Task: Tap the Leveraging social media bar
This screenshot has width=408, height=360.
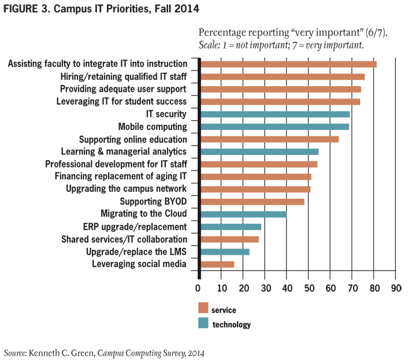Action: pos(217,264)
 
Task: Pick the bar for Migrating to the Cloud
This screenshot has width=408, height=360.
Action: pos(243,214)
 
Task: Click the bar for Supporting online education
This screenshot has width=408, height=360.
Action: pos(269,139)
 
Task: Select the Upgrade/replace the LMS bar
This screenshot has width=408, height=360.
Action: pos(225,251)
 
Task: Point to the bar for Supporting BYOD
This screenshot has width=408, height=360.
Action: pos(252,202)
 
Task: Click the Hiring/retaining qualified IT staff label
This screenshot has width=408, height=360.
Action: pos(124,76)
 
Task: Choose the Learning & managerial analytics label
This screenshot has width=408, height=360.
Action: pos(124,151)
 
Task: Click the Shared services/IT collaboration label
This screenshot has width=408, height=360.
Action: pos(124,239)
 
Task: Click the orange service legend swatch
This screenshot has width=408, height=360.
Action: pos(203,307)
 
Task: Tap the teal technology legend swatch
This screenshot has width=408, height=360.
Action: pos(203,324)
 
